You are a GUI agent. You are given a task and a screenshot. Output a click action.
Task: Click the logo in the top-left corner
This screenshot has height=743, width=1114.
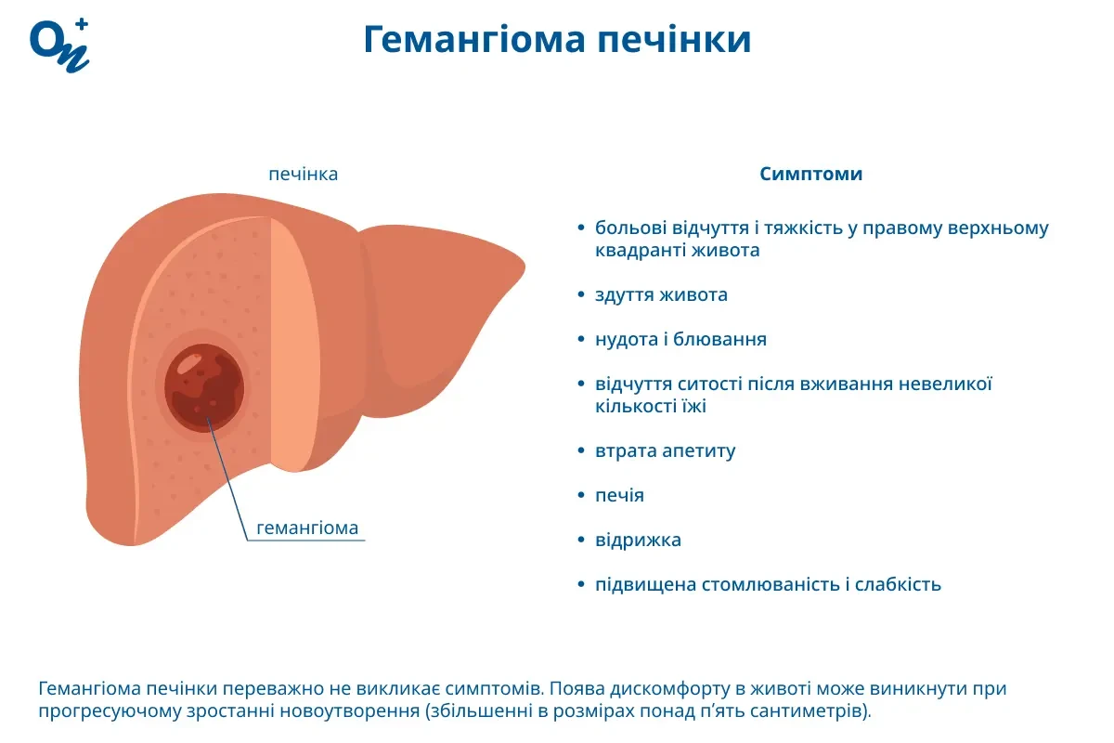click(x=59, y=43)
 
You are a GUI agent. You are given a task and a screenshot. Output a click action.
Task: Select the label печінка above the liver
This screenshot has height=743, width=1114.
click(x=303, y=174)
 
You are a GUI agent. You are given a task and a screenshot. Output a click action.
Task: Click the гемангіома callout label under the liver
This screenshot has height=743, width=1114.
click(x=306, y=528)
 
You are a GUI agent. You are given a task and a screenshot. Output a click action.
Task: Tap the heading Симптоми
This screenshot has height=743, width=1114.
click(x=810, y=174)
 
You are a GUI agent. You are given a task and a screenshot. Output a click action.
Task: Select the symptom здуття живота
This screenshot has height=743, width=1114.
click(x=661, y=295)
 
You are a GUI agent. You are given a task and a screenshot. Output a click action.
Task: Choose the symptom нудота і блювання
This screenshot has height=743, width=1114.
click(x=680, y=339)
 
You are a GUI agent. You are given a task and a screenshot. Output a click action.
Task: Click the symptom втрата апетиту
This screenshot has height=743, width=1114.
click(x=665, y=451)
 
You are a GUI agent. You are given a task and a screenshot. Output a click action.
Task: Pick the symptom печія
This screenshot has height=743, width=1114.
click(x=619, y=496)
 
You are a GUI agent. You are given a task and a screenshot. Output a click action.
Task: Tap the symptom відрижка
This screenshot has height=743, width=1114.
click(x=638, y=541)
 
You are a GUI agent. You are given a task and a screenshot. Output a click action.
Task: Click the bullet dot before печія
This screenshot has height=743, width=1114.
click(x=580, y=496)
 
